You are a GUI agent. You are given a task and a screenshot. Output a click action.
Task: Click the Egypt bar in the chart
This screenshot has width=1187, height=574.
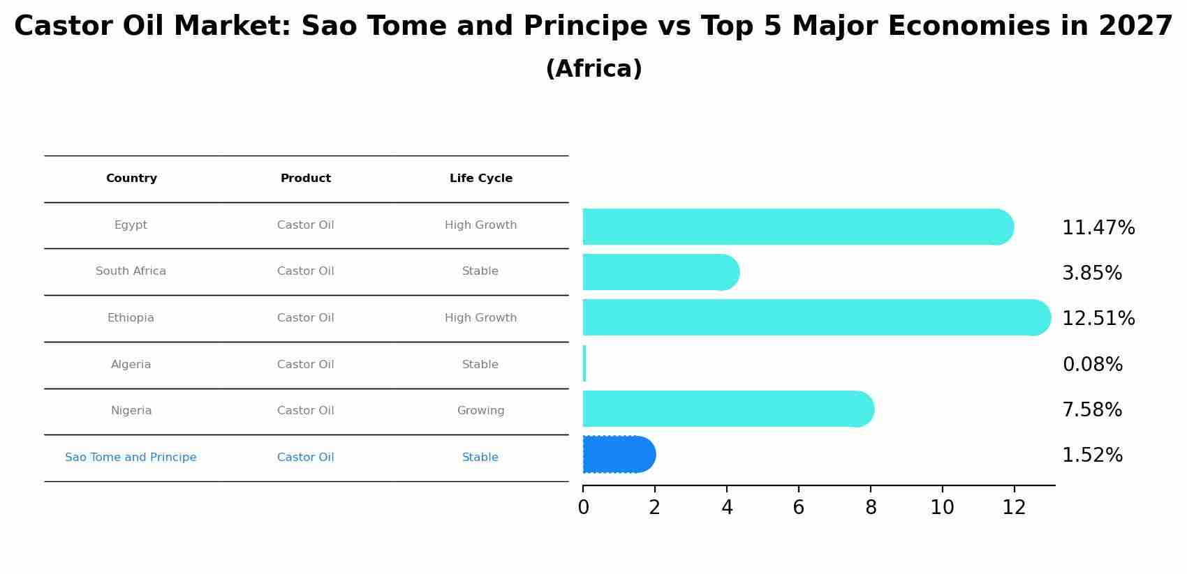[x=798, y=227]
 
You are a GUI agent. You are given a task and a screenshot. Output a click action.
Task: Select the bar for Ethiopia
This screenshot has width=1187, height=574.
[x=817, y=317]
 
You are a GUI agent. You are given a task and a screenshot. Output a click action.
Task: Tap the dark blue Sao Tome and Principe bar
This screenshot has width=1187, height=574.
[x=619, y=454]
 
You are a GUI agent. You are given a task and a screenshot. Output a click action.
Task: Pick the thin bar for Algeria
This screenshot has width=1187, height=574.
[x=584, y=363]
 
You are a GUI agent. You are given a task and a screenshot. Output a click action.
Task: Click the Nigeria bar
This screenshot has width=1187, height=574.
[x=729, y=409]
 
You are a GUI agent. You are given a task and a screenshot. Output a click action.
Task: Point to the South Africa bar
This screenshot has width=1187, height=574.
[x=661, y=272]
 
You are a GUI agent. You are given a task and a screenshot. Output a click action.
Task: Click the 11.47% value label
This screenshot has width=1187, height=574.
[x=1098, y=227]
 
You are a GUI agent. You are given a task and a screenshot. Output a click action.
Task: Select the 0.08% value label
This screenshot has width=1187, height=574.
[x=1093, y=364]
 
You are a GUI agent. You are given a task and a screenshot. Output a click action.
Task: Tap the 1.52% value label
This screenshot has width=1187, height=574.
[x=1093, y=455]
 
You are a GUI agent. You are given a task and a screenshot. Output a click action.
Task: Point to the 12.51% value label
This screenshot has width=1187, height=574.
[x=1098, y=318]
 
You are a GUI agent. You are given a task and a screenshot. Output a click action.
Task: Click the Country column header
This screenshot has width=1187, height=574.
[x=131, y=179]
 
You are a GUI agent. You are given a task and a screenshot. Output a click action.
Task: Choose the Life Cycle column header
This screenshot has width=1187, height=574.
[x=481, y=179]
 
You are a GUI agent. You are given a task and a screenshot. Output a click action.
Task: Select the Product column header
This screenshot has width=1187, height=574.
[x=306, y=179]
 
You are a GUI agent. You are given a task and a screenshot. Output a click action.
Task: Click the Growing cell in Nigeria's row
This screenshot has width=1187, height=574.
[x=480, y=411]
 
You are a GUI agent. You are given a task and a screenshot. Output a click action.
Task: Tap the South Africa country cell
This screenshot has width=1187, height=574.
[x=131, y=271]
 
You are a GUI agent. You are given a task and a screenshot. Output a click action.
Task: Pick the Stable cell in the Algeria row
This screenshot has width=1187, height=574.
[x=480, y=364]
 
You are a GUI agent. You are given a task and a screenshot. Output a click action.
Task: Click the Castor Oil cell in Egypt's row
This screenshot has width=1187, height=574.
[x=306, y=225]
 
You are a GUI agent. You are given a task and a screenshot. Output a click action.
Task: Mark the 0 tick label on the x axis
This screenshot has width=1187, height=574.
[x=584, y=507]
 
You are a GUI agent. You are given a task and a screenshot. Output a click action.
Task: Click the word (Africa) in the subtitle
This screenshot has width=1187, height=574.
[x=594, y=69]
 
